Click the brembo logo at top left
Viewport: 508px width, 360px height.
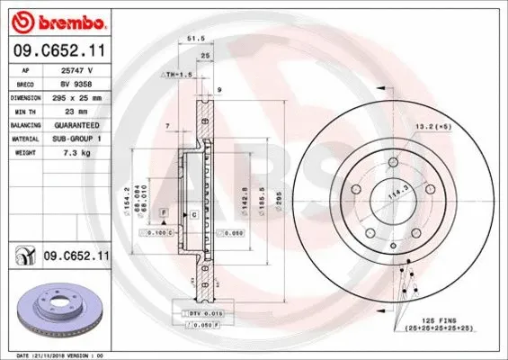56,19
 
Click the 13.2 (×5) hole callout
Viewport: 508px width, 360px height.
433,127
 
